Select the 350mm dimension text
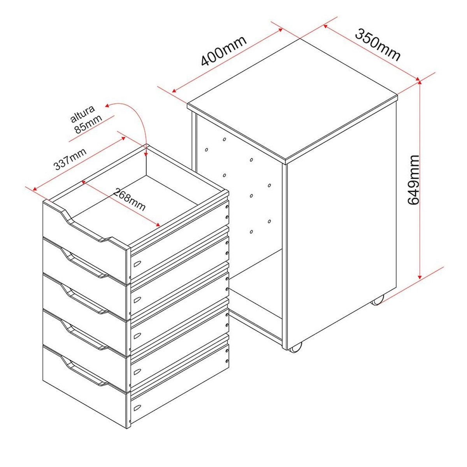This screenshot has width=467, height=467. point(377,45)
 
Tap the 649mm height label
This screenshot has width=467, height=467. point(413,180)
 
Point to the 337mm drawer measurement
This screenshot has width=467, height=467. point(70,159)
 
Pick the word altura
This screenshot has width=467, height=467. point(82,114)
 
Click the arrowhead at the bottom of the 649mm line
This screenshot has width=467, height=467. point(420,276)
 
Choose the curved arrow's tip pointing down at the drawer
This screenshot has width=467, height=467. point(146,155)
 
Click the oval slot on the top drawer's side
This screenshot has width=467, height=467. point(137,263)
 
